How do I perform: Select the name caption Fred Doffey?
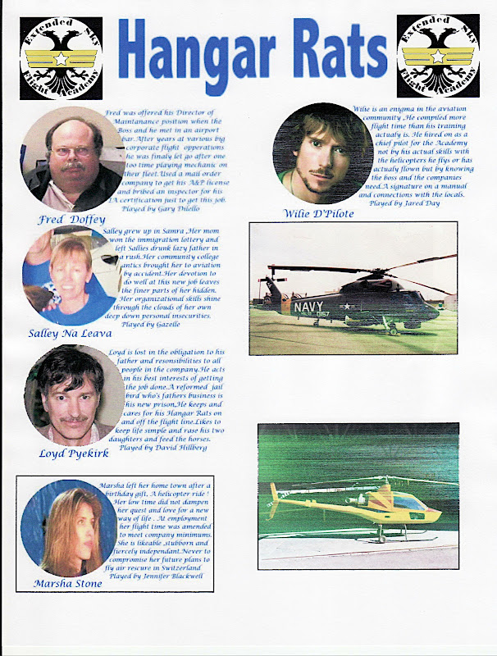click(72, 220)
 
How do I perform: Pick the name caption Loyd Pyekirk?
click(73, 453)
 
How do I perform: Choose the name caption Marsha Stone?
click(69, 583)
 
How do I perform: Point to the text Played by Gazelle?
click(155, 325)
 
